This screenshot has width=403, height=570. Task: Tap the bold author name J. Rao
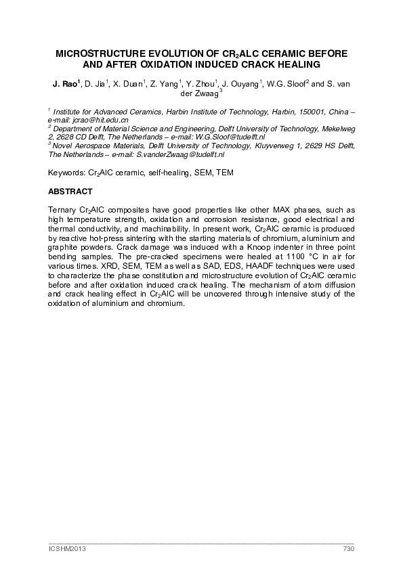[65, 85]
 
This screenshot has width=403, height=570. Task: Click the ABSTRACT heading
[70, 192]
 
